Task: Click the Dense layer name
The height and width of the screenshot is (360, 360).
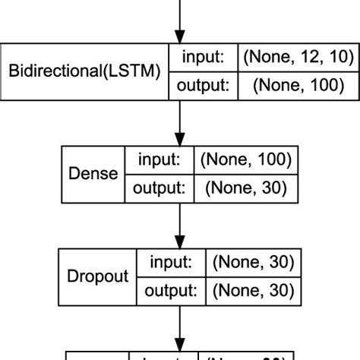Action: (x=93, y=174)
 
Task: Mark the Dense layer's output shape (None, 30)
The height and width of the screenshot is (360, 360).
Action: (x=241, y=188)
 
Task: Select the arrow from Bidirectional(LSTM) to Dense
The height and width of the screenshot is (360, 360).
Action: (x=179, y=122)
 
